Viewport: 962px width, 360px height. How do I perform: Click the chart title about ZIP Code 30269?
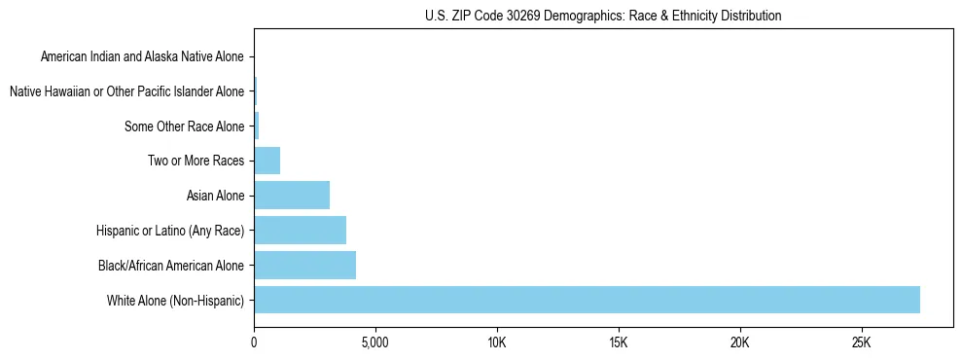pyautogui.click(x=603, y=16)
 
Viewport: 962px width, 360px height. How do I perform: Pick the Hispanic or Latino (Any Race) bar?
pyautogui.click(x=300, y=231)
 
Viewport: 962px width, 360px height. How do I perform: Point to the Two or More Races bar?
pyautogui.click(x=267, y=161)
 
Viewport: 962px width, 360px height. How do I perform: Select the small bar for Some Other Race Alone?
pyautogui.click(x=257, y=126)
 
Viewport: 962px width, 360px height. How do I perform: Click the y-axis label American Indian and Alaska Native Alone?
pyautogui.click(x=142, y=56)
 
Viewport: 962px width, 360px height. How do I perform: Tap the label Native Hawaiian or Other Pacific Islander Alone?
pyautogui.click(x=126, y=91)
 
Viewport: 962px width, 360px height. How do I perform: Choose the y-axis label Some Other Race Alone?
pyautogui.click(x=185, y=126)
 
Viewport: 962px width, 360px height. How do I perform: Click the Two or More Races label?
pyautogui.click(x=196, y=161)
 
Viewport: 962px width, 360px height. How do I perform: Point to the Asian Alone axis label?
pyautogui.click(x=215, y=196)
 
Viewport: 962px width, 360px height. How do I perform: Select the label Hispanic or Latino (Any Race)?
pyautogui.click(x=170, y=231)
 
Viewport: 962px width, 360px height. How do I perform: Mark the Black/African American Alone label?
pyautogui.click(x=171, y=265)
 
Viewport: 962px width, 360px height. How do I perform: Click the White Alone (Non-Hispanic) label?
pyautogui.click(x=176, y=300)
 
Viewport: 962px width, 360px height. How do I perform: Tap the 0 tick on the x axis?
pyautogui.click(x=254, y=342)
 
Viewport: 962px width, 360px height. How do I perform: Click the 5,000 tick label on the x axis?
pyautogui.click(x=375, y=342)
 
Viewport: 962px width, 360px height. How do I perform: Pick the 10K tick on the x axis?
pyautogui.click(x=497, y=342)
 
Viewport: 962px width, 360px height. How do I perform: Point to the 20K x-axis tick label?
pyautogui.click(x=740, y=342)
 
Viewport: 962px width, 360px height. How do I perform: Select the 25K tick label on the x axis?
pyautogui.click(x=862, y=342)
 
